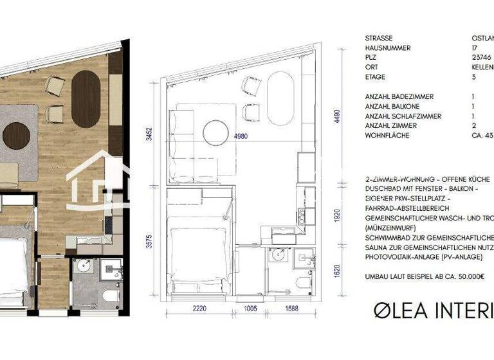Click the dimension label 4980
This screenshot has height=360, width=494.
(241, 136)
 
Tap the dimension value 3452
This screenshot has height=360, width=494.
(149, 133)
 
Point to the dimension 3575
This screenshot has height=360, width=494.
(149, 240)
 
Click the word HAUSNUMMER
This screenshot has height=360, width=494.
(388, 48)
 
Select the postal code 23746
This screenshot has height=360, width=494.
(481, 58)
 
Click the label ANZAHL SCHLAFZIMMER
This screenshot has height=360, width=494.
(403, 116)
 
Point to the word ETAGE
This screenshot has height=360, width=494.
(376, 77)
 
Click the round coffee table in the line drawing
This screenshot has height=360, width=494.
(217, 133)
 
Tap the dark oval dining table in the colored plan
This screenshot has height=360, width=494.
(85, 98)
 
